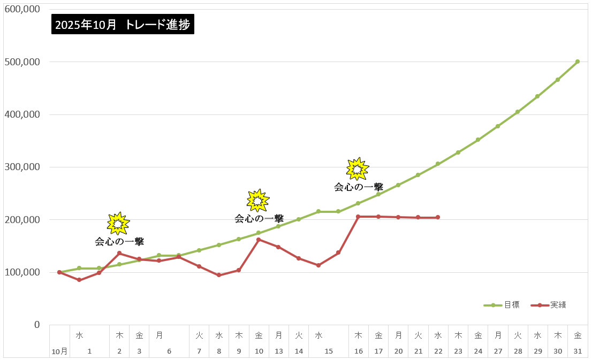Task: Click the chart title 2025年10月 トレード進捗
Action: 123,25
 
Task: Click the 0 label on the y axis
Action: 37,325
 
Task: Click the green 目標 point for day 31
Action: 578,62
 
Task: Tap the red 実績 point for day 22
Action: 438,217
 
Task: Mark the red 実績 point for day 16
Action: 358,217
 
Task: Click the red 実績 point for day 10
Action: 259,240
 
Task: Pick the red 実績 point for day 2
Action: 119,253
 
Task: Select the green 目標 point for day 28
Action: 518,112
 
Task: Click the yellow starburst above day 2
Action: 118,223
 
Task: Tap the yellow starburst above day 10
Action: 258,200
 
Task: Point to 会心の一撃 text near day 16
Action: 359,187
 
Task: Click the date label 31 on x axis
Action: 578,351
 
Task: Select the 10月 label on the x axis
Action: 59,351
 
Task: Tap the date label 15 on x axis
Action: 329,351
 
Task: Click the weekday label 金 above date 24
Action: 478,335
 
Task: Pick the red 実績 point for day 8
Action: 218,275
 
